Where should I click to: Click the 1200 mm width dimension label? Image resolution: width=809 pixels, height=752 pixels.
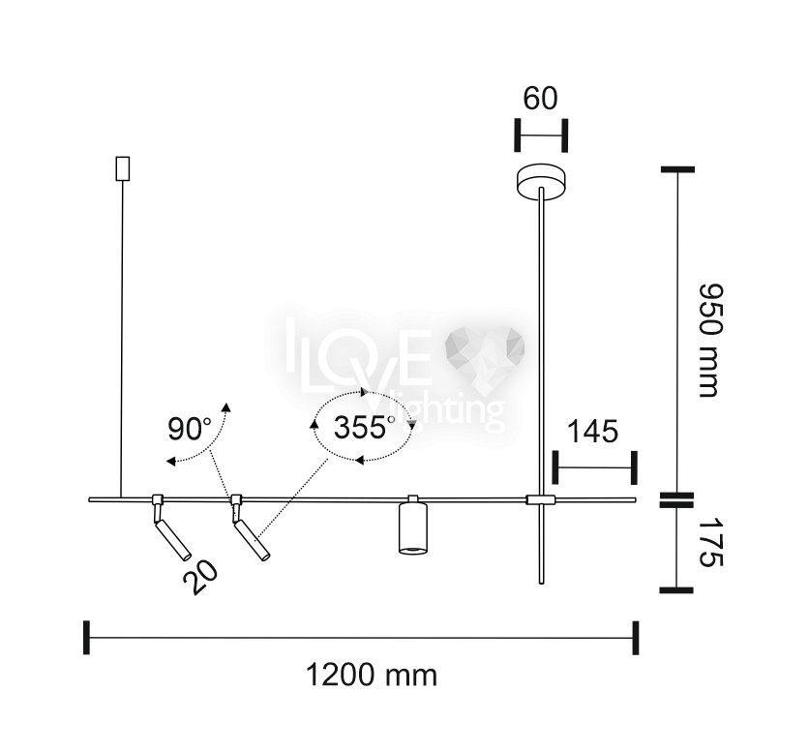coord(372,676)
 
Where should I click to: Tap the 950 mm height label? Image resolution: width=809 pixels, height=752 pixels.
coord(709,341)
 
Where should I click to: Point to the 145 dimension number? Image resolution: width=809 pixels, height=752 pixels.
coord(592,432)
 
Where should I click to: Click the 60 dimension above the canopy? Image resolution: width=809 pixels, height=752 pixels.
coord(540,99)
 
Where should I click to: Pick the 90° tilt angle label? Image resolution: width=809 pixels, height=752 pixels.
coord(190,429)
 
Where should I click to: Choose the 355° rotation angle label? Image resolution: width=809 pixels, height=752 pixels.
coord(364,428)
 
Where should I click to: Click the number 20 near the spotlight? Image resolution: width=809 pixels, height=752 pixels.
coord(200,578)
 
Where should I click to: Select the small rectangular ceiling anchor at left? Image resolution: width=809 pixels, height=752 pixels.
coord(122,168)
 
